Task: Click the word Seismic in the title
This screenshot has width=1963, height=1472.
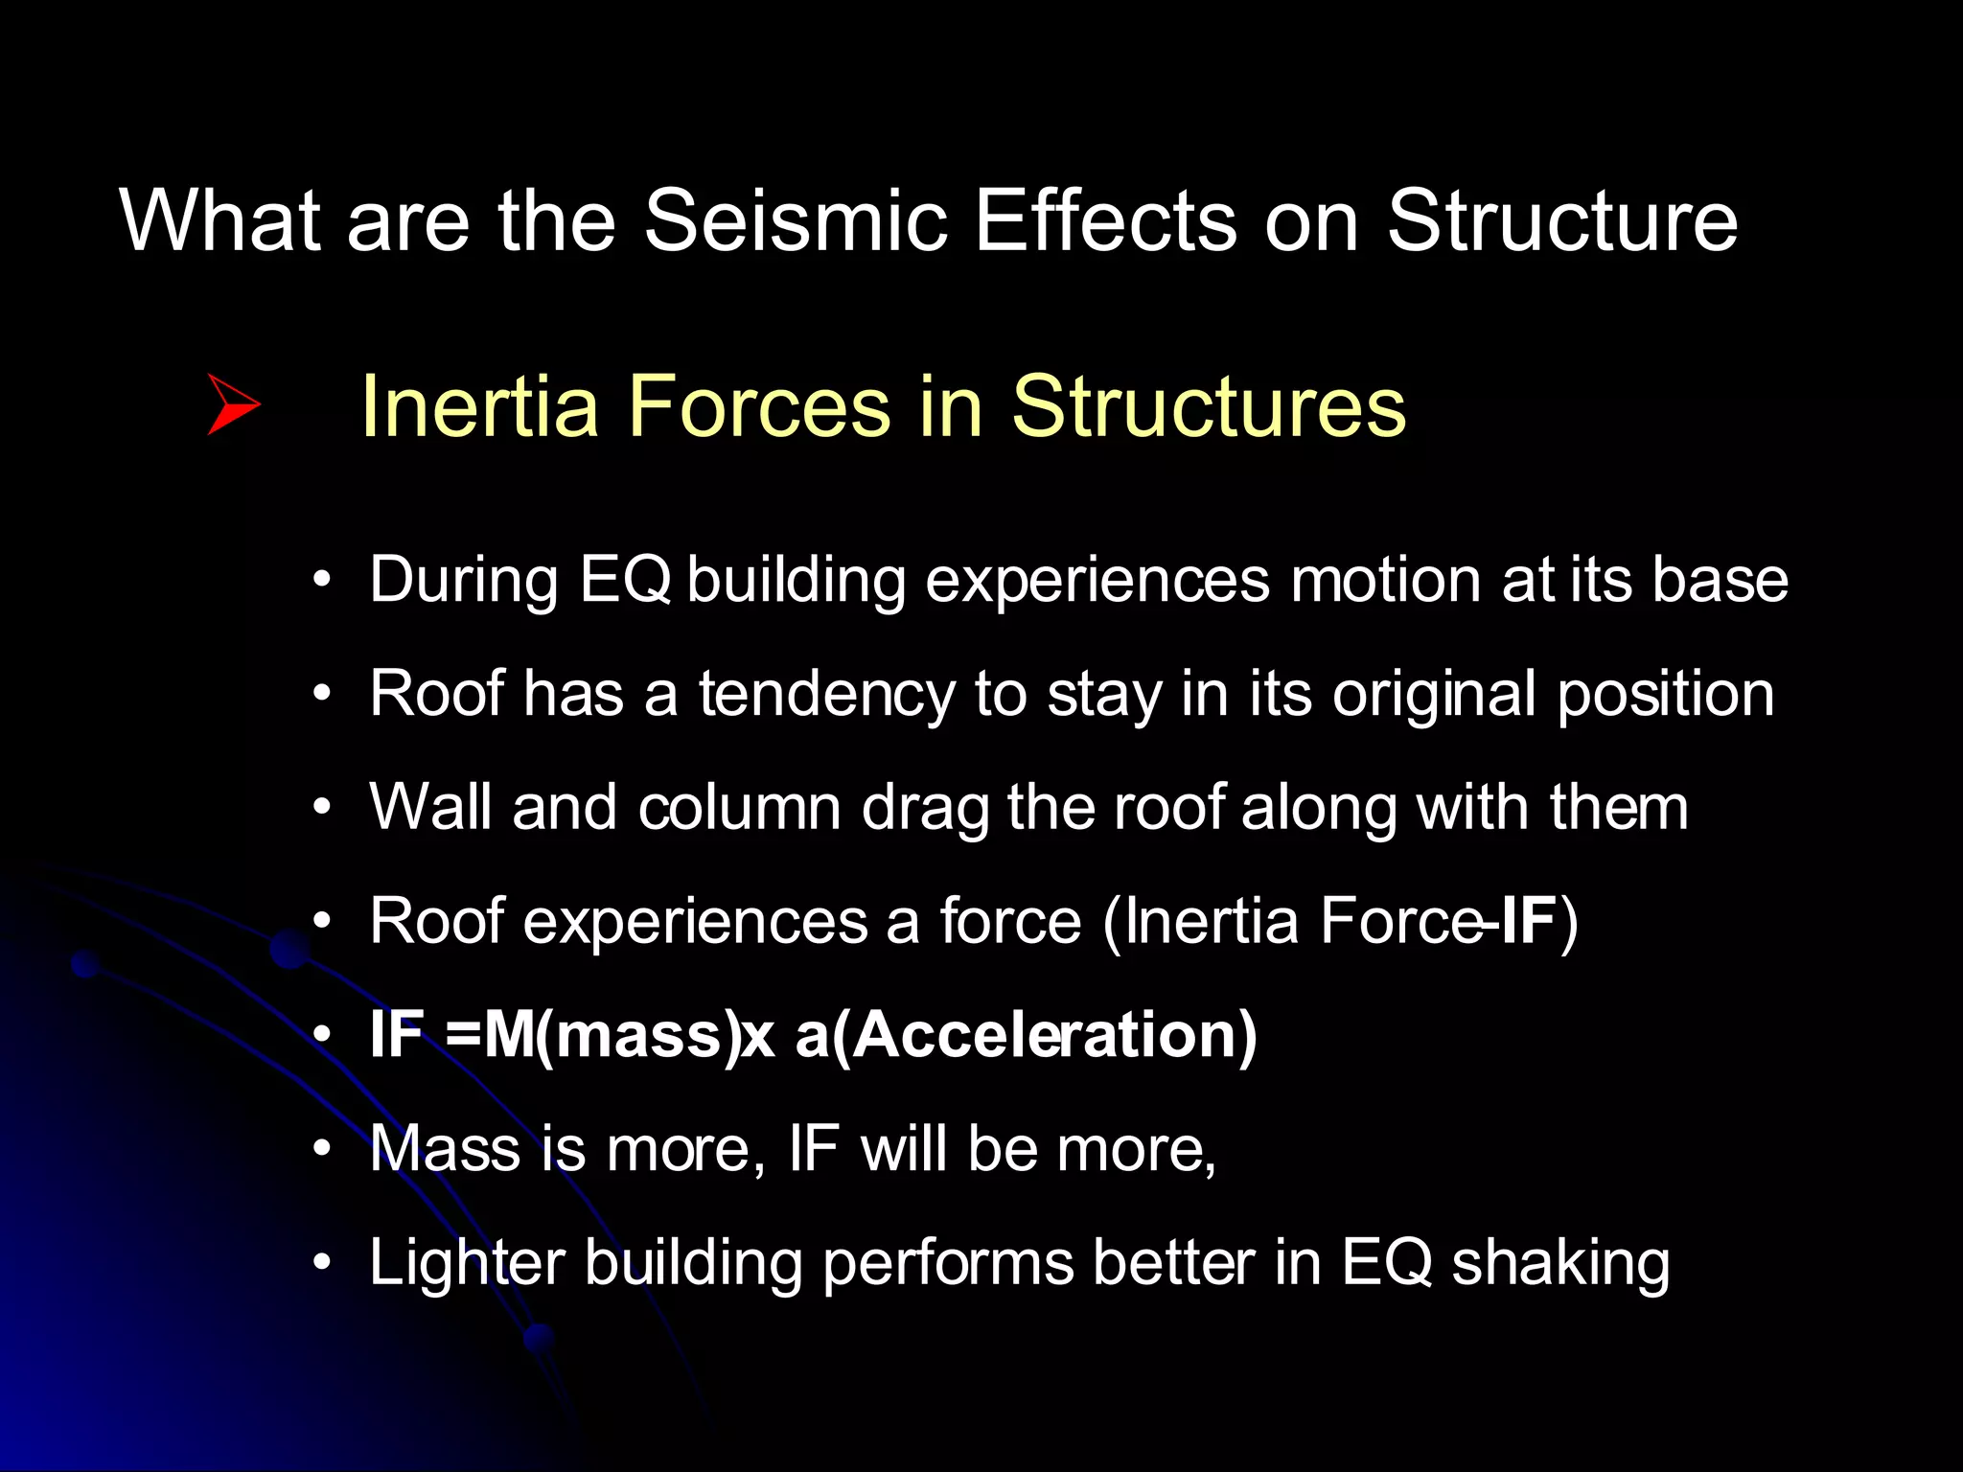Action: click(x=795, y=221)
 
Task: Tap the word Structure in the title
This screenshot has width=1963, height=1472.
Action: click(x=1562, y=221)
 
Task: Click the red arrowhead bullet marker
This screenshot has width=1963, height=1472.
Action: click(x=232, y=405)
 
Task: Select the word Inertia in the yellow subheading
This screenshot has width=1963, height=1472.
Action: click(x=479, y=406)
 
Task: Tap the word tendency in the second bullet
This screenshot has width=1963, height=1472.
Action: click(x=826, y=694)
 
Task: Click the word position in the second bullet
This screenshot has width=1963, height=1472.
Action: click(x=1665, y=694)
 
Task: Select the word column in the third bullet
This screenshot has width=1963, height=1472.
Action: click(x=739, y=807)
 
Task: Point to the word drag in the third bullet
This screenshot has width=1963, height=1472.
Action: click(x=924, y=809)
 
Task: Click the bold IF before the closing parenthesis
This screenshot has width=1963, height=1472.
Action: click(x=1528, y=921)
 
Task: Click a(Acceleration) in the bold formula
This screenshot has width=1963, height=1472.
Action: click(x=1026, y=1035)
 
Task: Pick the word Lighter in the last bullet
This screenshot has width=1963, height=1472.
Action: click(x=467, y=1262)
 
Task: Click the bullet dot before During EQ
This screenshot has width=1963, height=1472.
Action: click(x=322, y=580)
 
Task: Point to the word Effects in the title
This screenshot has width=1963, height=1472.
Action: click(x=1105, y=221)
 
